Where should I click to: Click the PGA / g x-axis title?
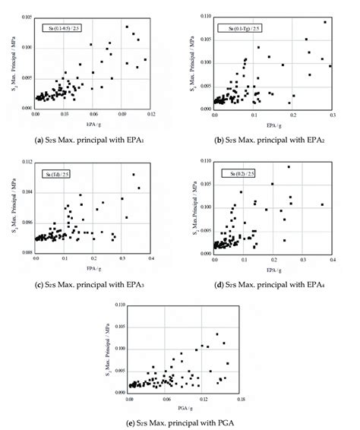pyautogui.click(x=185, y=406)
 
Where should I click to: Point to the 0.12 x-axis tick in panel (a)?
pyautogui.click(x=151, y=113)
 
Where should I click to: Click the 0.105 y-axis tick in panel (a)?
pyautogui.click(x=25, y=17)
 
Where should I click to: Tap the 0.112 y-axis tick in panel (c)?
pyautogui.click(x=25, y=162)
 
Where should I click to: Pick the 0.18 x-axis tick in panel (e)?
pyautogui.click(x=241, y=397)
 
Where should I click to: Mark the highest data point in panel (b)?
pyautogui.click(x=325, y=22)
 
